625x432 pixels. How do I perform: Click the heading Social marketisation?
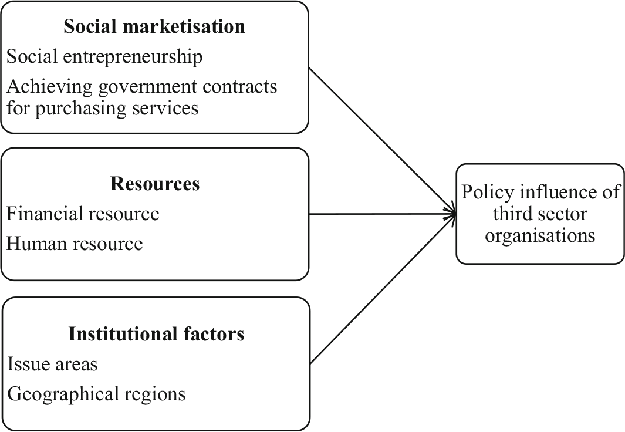tap(154, 26)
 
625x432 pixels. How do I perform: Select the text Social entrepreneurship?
tap(104, 57)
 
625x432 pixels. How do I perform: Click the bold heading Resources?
tap(155, 184)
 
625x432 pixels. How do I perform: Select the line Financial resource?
tap(83, 214)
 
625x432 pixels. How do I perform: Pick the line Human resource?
tap(75, 243)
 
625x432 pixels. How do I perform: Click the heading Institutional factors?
tap(156, 334)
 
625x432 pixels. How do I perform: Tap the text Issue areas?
tap(52, 364)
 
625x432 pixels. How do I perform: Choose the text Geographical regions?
tap(96, 393)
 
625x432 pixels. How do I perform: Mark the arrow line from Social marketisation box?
tap(381, 141)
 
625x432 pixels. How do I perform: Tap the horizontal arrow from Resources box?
tap(381, 214)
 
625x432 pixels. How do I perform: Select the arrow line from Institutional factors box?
tap(381, 288)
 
